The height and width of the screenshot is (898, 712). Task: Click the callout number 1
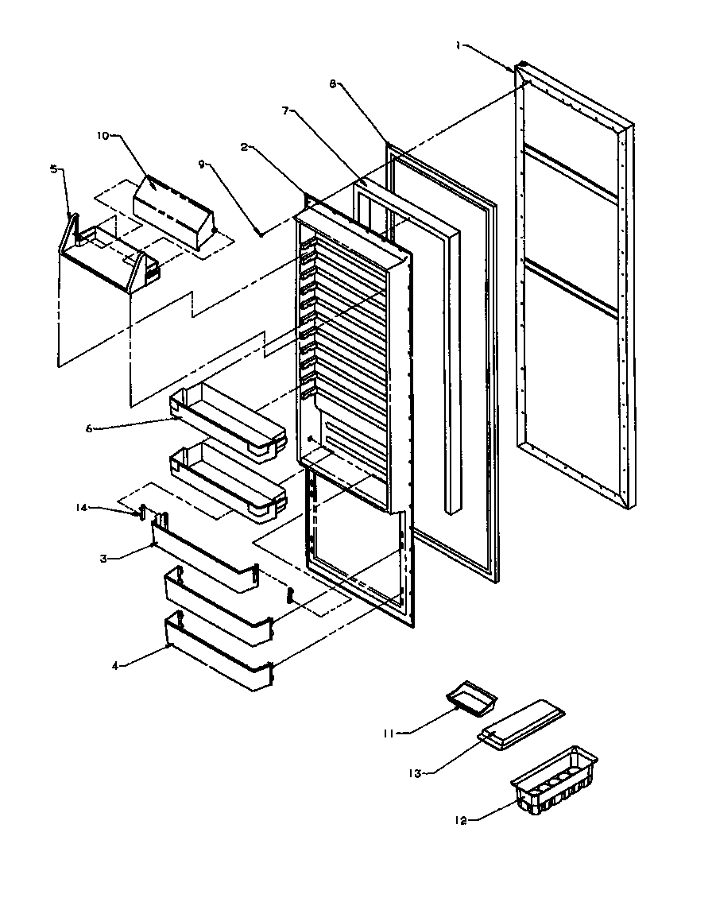click(459, 45)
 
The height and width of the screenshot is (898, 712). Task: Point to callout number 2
click(246, 147)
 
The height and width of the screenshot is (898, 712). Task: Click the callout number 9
click(202, 164)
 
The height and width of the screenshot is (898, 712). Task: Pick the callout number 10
click(103, 135)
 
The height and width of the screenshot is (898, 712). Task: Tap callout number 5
click(53, 168)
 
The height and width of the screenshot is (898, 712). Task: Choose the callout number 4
click(115, 666)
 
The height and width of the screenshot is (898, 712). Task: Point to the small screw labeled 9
click(261, 234)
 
